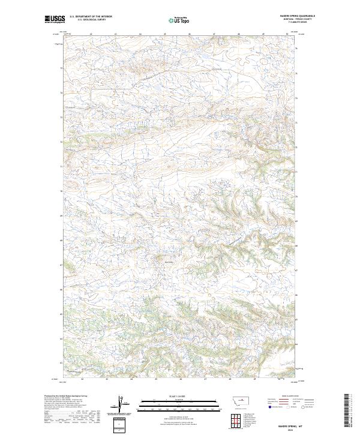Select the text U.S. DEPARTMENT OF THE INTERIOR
tap(91, 17)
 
